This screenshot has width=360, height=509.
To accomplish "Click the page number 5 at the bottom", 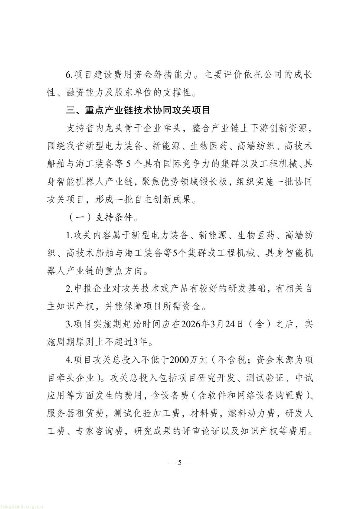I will (180, 462).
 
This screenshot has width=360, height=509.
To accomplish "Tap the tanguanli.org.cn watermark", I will (22, 505).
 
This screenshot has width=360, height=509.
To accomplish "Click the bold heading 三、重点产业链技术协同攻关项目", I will (138, 110).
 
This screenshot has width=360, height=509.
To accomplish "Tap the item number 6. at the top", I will (69, 75).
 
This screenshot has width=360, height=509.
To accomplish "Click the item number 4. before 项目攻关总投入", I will (69, 360).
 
